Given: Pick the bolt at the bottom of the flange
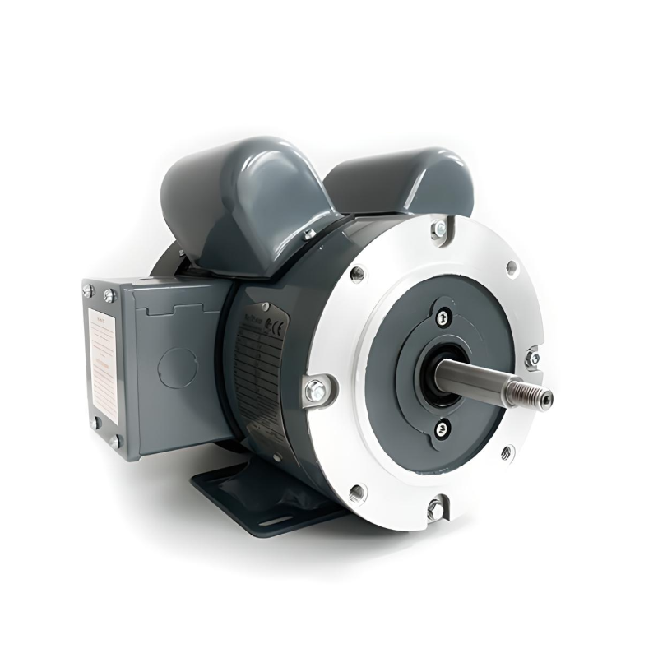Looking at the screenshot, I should (x=433, y=507).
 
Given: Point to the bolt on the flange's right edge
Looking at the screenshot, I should (x=533, y=359).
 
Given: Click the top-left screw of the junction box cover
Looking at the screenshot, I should (x=88, y=290).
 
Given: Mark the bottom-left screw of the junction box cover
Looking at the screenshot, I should (x=96, y=423).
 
